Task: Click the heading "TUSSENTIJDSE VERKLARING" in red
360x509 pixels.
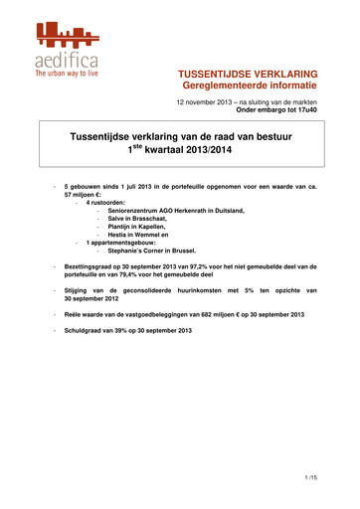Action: [261, 75]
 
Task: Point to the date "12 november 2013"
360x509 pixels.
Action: [206, 104]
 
